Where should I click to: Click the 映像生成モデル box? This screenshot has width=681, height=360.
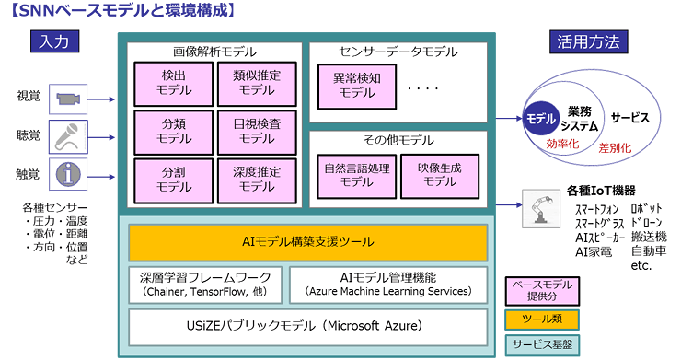440,176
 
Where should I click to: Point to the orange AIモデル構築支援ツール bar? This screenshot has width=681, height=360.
307,243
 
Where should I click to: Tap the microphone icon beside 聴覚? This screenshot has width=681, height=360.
68,136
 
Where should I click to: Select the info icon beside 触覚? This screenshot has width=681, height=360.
68,174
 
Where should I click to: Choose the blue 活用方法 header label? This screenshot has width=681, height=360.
589,41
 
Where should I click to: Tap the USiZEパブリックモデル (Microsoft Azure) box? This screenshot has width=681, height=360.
307,326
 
